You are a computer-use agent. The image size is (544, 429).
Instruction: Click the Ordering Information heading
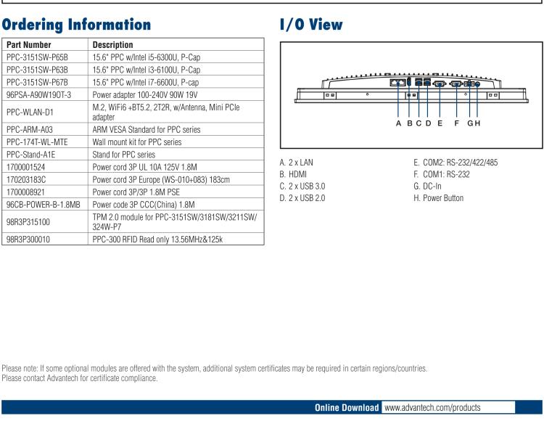(x=77, y=24)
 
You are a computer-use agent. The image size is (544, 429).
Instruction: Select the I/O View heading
(x=311, y=24)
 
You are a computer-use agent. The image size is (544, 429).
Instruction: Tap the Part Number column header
(x=28, y=44)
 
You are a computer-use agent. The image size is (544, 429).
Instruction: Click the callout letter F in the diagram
(x=456, y=123)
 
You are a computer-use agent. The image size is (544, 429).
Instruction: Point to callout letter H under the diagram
(x=478, y=123)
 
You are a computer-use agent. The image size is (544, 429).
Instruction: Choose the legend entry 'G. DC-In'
(x=429, y=186)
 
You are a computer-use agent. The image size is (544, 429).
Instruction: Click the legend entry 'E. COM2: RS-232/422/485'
(x=456, y=162)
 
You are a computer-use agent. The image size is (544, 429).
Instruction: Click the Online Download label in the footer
(x=347, y=407)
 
